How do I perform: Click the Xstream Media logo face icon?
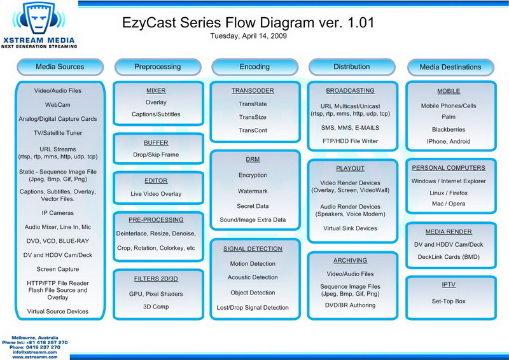coord(39,18)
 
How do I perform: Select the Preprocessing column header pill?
coord(158,67)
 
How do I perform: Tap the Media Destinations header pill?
coord(450,67)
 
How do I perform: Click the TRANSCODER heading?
coord(253,91)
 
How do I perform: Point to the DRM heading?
coord(253,160)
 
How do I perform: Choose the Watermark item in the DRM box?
coord(253,191)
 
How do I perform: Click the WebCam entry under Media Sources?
coord(58,105)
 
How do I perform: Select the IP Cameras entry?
coord(58,213)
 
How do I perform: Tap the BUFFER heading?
coord(156,143)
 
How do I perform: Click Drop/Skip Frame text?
coord(156,155)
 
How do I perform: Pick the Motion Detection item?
coord(253,264)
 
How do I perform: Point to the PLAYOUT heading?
coord(351,168)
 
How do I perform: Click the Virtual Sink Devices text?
coord(351,228)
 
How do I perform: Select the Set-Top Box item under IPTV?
coord(449,301)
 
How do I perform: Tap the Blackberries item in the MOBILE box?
coord(449,130)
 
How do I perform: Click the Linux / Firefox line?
coord(449,193)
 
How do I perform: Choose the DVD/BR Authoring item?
coord(351,305)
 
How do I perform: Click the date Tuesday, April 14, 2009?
coord(248,36)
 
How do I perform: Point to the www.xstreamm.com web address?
coord(35,357)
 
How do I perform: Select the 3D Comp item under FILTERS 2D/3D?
coord(156,307)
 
